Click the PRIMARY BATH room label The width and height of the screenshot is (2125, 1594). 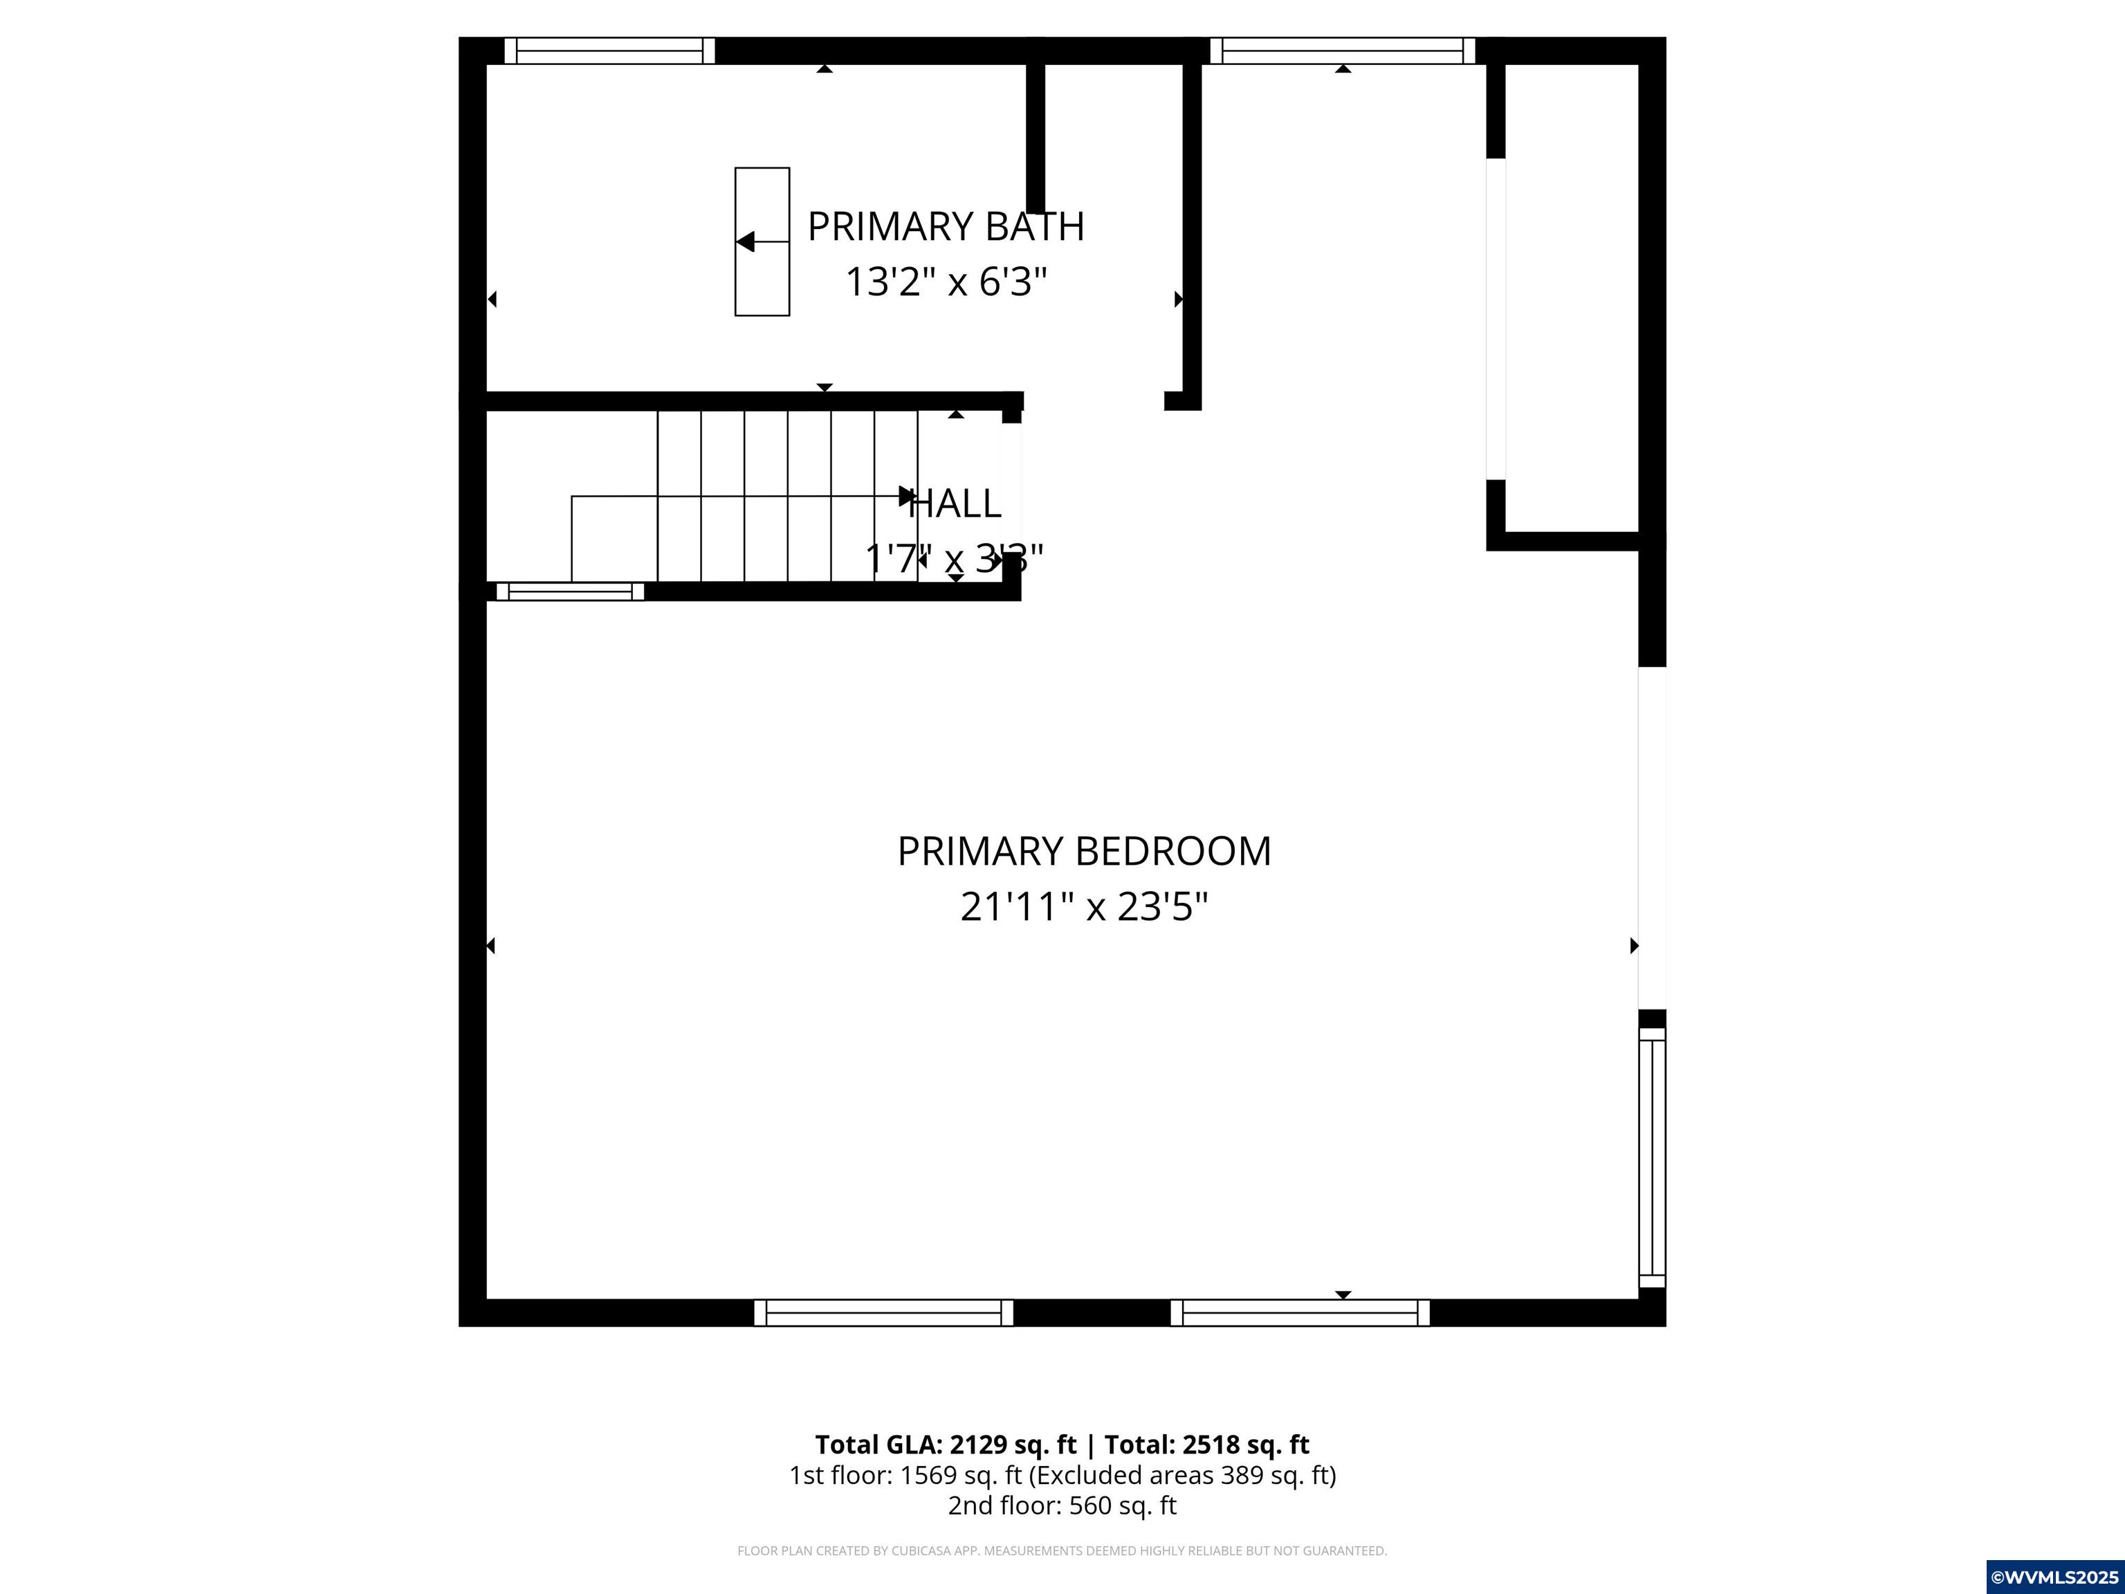coord(946,227)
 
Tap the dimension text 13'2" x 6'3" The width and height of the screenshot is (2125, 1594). coord(946,282)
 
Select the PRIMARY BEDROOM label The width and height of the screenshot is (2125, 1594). coord(1084,851)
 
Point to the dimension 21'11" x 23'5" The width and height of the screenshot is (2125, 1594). coord(1084,907)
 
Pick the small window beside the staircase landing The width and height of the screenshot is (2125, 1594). coord(570,591)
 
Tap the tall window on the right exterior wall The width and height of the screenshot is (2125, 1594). coord(1651,1157)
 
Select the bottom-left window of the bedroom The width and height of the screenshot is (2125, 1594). coord(883,1312)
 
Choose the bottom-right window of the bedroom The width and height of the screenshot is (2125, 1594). coord(1300,1312)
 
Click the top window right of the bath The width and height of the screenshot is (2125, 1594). coord(1342,51)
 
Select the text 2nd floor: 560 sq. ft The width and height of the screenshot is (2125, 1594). coord(1062,1505)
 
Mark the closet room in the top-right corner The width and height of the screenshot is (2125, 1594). coord(1572,298)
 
